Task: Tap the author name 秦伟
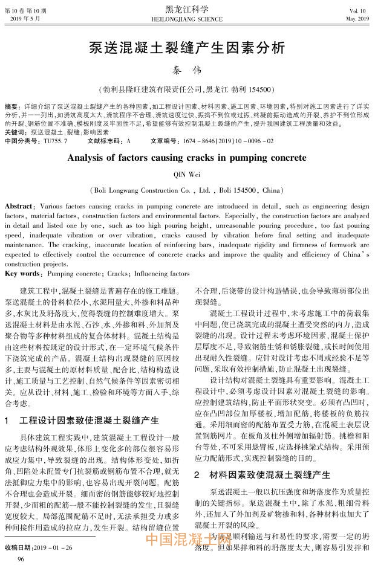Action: pos(187,69)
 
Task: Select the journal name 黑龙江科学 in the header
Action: pos(187,8)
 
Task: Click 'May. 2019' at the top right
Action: pos(357,19)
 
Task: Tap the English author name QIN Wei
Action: pos(187,173)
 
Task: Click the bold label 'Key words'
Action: pos(23,273)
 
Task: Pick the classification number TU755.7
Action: pos(55,141)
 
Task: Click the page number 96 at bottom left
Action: pos(21,559)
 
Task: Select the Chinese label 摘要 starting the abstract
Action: pos(11,106)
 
